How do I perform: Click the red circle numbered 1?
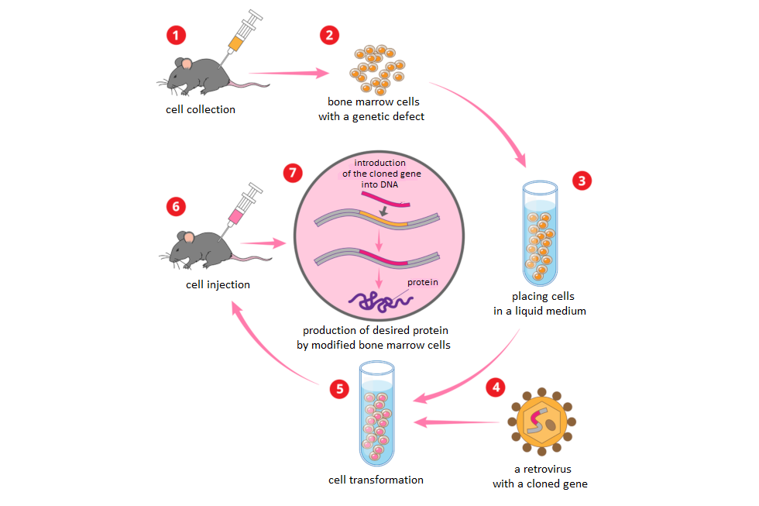click(x=177, y=36)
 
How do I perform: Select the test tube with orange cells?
click(x=540, y=232)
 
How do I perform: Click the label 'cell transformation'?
click(x=376, y=480)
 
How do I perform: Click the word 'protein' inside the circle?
click(x=423, y=282)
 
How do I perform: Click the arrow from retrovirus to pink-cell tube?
click(x=457, y=422)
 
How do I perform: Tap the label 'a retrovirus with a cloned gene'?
click(x=540, y=477)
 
